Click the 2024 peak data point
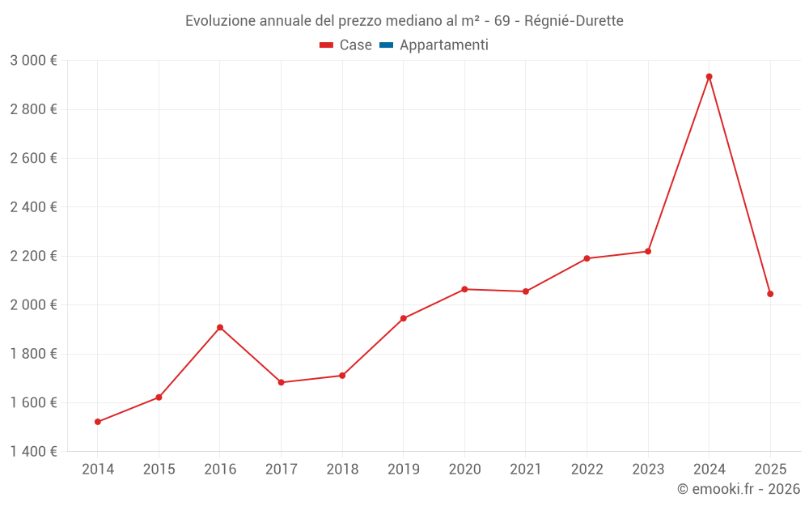[x=709, y=77]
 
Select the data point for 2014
[x=98, y=422]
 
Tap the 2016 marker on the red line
[x=220, y=328]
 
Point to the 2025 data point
[x=770, y=294]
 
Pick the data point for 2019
[x=403, y=318]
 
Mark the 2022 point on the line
[x=587, y=258]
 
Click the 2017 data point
[x=281, y=382]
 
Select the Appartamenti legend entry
[x=443, y=45]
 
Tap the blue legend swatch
[x=386, y=45]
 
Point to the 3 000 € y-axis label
[x=33, y=61]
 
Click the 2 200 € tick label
[x=33, y=256]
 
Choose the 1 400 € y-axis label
[x=33, y=452]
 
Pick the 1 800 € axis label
[x=33, y=354]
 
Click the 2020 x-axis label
[x=464, y=470]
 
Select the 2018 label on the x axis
[x=342, y=470]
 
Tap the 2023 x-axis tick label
[x=648, y=470]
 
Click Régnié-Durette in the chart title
[x=574, y=21]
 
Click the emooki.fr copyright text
[x=739, y=489]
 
